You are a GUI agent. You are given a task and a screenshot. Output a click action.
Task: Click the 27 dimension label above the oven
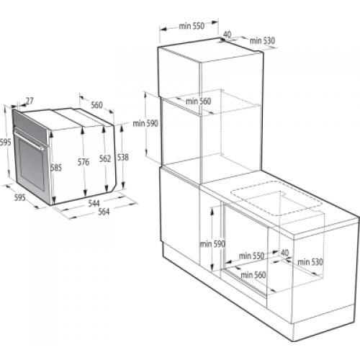tap(29, 101)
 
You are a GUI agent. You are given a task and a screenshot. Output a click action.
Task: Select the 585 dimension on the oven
tap(56, 168)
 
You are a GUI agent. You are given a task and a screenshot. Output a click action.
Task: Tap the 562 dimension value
tap(105, 158)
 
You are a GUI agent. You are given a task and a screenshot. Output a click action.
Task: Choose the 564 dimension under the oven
tap(105, 212)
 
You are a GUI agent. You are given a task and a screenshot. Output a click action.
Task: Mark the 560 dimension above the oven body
tap(96, 105)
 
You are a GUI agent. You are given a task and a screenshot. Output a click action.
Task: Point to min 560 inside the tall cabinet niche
tap(198, 102)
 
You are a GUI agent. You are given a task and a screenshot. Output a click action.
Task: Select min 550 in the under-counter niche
tap(252, 256)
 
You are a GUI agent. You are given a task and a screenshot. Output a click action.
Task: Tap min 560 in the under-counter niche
tap(253, 274)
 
